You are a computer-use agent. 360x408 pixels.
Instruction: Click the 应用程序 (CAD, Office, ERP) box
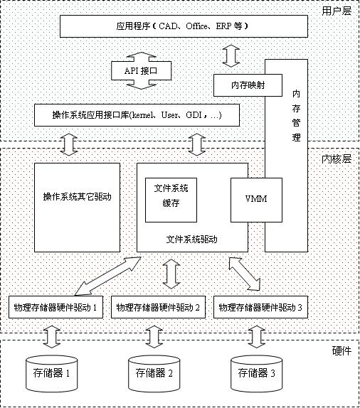pyautogui.click(x=184, y=26)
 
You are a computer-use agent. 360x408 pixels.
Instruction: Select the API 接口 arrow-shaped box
pyautogui.click(x=141, y=70)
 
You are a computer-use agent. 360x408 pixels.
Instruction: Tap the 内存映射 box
pyautogui.click(x=248, y=85)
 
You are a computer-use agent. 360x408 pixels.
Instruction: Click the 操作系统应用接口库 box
pyautogui.click(x=137, y=115)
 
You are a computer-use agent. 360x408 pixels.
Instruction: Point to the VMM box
pyautogui.click(x=256, y=200)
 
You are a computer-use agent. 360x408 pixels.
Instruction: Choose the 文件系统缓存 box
pyautogui.click(x=171, y=200)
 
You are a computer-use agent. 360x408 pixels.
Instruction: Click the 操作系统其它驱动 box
pyautogui.click(x=77, y=208)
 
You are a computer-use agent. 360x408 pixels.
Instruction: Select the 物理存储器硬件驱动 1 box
pyautogui.click(x=55, y=307)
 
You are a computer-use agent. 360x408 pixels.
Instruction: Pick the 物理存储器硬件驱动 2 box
pyautogui.click(x=158, y=307)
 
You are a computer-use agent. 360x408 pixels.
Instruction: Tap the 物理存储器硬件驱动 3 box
pyautogui.click(x=261, y=307)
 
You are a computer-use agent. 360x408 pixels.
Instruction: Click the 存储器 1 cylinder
pyautogui.click(x=52, y=374)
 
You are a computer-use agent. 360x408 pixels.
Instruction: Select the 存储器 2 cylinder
pyautogui.click(x=154, y=374)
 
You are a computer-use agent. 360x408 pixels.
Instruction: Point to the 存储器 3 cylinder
pyautogui.click(x=257, y=374)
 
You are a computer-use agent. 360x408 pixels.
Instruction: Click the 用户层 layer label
pyautogui.click(x=337, y=11)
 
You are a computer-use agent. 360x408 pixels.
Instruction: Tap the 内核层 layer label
pyautogui.click(x=337, y=159)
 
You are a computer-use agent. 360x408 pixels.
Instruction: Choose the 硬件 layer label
pyautogui.click(x=342, y=351)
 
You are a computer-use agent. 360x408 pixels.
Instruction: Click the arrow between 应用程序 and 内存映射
pyautogui.click(x=231, y=55)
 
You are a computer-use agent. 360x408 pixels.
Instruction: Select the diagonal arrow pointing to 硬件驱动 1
pyautogui.click(x=107, y=277)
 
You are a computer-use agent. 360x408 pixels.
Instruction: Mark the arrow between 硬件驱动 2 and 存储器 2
pyautogui.click(x=154, y=337)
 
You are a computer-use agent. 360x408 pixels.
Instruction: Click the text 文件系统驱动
pyautogui.click(x=191, y=240)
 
